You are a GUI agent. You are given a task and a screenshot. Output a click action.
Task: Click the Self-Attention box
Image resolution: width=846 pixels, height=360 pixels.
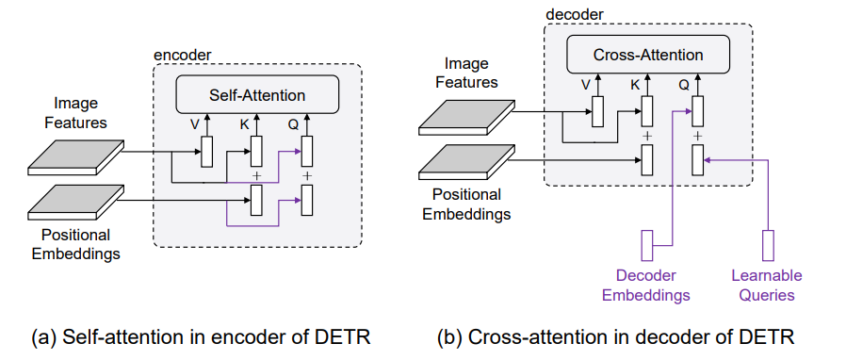point(257,94)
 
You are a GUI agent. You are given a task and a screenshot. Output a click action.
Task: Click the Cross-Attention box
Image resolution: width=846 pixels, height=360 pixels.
point(648,54)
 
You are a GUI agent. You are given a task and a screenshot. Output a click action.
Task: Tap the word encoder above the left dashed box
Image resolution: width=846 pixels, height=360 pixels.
point(183,55)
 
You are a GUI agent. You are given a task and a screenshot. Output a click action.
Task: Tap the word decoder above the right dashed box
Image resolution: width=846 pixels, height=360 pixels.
point(574,14)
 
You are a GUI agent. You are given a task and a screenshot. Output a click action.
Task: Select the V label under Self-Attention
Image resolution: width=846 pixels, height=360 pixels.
point(195,125)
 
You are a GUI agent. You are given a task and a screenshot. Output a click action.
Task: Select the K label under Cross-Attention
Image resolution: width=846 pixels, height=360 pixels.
point(635,85)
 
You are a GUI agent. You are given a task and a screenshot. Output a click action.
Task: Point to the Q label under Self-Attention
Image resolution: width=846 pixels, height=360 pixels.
point(293,125)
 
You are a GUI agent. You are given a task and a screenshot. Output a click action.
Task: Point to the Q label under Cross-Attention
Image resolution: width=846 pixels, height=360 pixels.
point(684,85)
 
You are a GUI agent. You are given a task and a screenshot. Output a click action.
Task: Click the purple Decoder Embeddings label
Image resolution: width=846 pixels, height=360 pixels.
point(646,286)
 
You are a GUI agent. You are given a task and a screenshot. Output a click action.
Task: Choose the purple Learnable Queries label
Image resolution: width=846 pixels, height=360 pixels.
point(767,286)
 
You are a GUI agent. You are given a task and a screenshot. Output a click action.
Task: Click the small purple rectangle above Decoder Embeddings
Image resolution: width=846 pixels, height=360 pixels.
point(646,245)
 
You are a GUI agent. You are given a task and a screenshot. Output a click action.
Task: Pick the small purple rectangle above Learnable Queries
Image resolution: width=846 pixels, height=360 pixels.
point(768,245)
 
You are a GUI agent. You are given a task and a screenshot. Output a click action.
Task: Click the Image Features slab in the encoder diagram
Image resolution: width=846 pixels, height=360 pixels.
point(76,157)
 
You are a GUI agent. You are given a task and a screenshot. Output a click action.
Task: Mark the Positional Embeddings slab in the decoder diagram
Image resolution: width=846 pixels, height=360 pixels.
point(467,162)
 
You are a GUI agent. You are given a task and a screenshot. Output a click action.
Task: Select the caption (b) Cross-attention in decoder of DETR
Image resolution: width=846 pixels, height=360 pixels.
point(615,337)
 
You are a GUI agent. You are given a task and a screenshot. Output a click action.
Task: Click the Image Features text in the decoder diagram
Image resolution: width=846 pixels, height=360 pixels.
point(466,73)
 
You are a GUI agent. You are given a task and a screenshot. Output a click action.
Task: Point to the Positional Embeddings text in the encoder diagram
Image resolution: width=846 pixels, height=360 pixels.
point(76,244)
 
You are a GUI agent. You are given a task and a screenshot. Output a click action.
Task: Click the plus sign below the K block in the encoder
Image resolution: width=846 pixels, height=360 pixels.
point(257,176)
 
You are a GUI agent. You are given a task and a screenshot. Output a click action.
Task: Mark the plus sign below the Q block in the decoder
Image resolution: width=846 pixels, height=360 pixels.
point(698,136)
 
